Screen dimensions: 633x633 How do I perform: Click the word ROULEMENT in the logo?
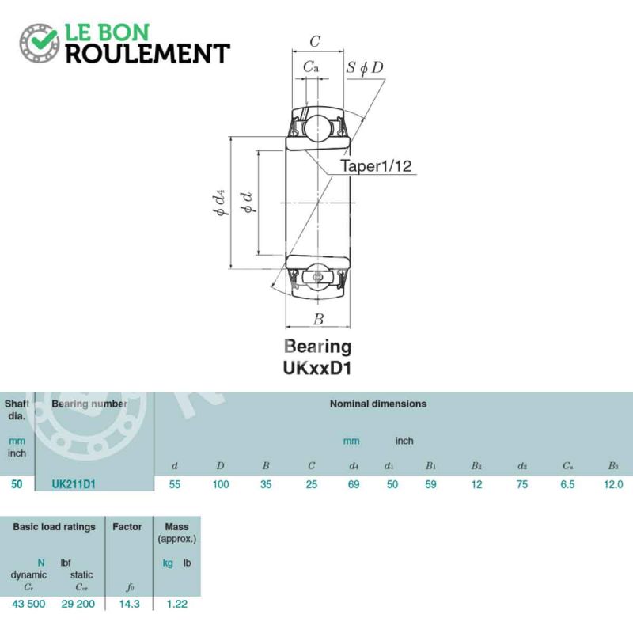click(x=146, y=54)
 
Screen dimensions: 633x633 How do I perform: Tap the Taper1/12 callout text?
click(x=377, y=166)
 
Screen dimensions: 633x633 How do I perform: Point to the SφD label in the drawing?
click(x=365, y=67)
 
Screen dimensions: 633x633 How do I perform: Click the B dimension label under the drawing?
click(x=318, y=320)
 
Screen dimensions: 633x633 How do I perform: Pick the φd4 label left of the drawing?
click(x=221, y=202)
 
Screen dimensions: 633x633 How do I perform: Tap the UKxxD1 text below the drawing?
click(x=317, y=367)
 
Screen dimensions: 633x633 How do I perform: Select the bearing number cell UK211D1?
click(x=74, y=484)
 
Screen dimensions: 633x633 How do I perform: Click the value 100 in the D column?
click(x=220, y=484)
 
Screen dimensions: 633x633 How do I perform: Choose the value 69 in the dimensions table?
click(x=354, y=484)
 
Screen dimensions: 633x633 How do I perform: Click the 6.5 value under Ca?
click(x=567, y=484)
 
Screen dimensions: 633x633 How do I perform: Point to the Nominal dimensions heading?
click(x=378, y=404)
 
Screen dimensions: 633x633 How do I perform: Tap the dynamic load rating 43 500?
click(x=29, y=603)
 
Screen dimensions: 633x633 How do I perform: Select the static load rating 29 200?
click(x=81, y=603)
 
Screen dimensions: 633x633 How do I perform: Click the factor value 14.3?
click(x=127, y=603)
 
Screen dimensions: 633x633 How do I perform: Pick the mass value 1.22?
click(x=176, y=603)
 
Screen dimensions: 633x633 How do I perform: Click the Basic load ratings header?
click(x=54, y=526)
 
